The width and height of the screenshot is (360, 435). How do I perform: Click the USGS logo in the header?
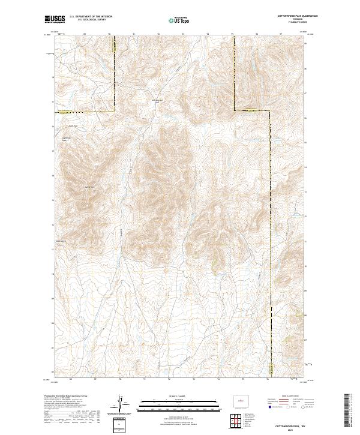click(53, 20)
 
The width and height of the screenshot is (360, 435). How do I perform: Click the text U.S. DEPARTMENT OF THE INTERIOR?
click(91, 17)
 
